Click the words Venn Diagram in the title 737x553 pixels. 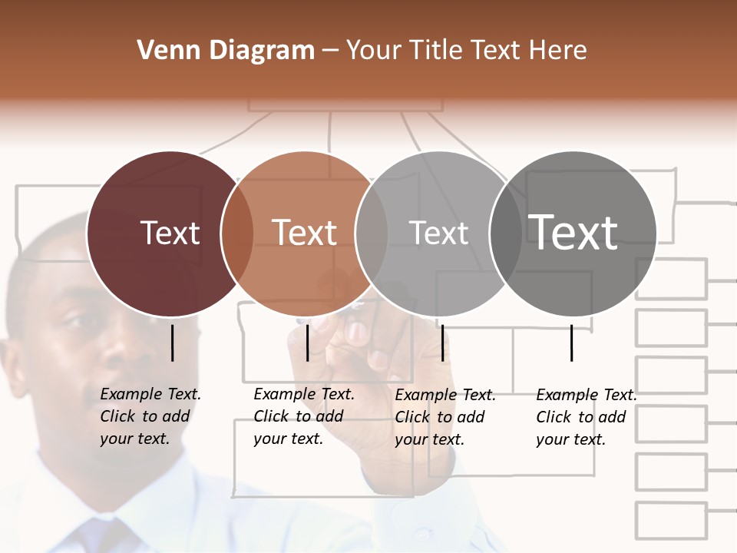click(x=226, y=50)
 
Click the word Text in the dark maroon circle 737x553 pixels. click(x=170, y=233)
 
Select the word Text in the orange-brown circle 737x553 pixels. click(x=305, y=233)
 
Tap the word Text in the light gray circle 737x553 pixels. click(x=438, y=233)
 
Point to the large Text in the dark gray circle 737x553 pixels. click(x=573, y=232)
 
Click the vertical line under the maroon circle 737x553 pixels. click(x=172, y=343)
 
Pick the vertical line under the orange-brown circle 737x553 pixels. click(x=307, y=343)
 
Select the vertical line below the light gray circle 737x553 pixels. click(x=442, y=343)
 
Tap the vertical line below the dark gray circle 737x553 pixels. click(x=572, y=343)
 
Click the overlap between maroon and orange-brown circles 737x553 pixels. click(x=236, y=233)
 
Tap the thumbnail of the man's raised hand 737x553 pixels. click(x=357, y=332)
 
